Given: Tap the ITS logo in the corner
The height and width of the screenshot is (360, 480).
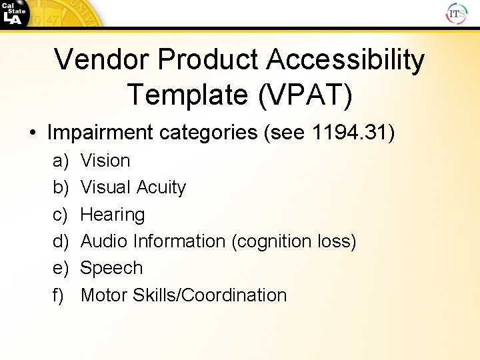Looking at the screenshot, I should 457,13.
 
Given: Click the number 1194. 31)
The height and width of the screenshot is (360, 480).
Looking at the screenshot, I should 353,133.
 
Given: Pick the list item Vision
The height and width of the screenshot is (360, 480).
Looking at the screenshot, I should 105,161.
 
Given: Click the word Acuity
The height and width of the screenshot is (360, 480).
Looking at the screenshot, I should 161,187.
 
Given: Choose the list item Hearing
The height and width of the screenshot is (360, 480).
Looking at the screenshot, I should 112,215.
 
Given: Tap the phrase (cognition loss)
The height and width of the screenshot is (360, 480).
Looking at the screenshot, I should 294,241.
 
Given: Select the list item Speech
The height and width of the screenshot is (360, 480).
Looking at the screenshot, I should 111,268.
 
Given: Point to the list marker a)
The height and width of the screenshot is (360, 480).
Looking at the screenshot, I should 60,161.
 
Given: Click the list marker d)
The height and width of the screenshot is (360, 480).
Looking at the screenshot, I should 60,241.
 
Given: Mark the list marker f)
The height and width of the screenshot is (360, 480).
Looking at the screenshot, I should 59,295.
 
